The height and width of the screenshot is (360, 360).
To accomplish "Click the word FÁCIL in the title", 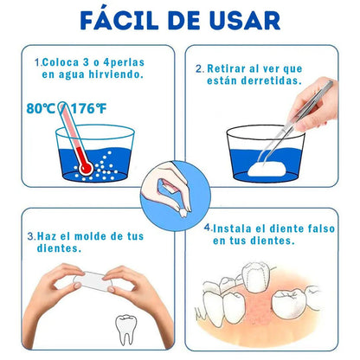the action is pyautogui.click(x=119, y=20).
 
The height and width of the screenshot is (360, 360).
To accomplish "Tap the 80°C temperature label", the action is pyautogui.click(x=41, y=109).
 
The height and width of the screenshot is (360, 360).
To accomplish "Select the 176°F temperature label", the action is pyautogui.click(x=89, y=109).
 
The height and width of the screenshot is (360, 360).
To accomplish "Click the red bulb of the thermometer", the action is pyautogui.click(x=86, y=168).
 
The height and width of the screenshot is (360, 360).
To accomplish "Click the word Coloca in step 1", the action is pyautogui.click(x=61, y=62).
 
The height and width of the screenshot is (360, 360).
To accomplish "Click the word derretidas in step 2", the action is pyautogui.click(x=271, y=80).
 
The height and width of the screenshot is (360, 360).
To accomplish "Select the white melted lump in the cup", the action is pyautogui.click(x=267, y=170).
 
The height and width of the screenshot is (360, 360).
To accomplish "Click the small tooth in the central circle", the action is pyautogui.click(x=183, y=213).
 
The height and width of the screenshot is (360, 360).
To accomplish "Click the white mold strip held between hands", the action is pyautogui.click(x=93, y=280).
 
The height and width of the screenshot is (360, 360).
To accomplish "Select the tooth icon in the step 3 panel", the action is pyautogui.click(x=126, y=330).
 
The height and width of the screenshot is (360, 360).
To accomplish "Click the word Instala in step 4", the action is pyautogui.click(x=232, y=228).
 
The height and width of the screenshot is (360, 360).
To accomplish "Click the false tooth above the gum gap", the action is pyautogui.click(x=255, y=278).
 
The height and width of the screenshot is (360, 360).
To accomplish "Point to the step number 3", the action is pyautogui.click(x=30, y=236).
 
